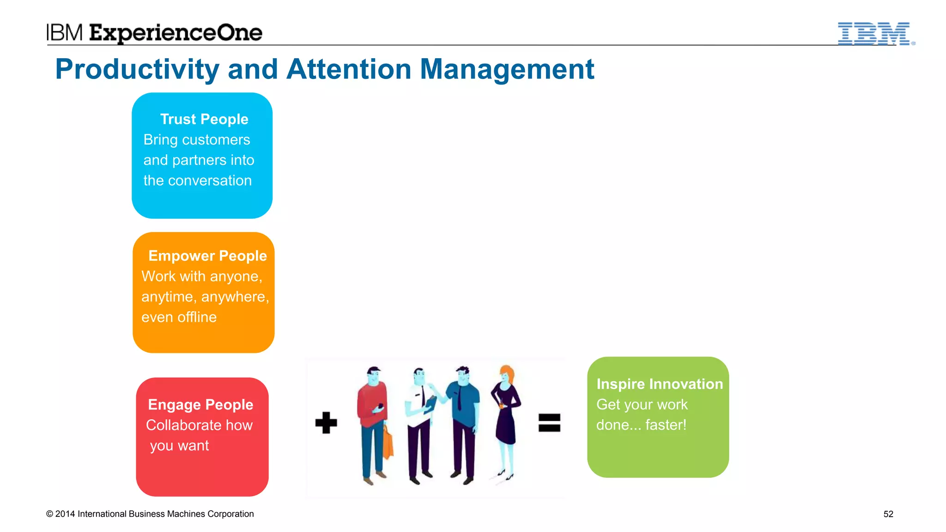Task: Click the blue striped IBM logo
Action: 874,33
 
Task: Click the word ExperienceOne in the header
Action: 176,33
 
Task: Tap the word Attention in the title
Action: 349,69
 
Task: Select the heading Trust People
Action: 204,119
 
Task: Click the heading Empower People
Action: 207,256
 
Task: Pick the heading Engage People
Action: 200,405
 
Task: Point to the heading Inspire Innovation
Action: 660,384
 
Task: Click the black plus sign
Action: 326,423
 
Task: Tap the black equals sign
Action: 549,423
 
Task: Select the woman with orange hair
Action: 506,420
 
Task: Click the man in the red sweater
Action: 373,420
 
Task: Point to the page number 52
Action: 888,514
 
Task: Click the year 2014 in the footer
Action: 65,514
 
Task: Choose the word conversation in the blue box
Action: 210,181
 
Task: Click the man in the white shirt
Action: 420,420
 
